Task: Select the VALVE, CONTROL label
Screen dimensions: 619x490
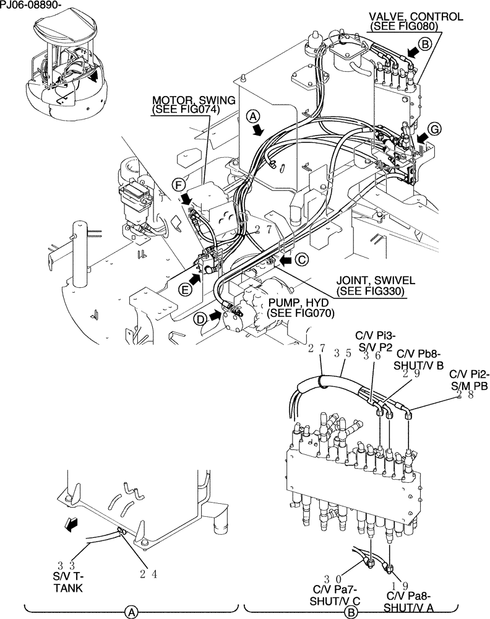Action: tap(416, 17)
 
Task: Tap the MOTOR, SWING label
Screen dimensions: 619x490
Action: tap(186, 100)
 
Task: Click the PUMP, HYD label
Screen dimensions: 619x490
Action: tap(301, 302)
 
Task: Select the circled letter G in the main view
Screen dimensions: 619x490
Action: tap(435, 129)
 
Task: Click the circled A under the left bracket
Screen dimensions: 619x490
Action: tap(131, 612)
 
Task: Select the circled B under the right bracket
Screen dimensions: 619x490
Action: tap(351, 612)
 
